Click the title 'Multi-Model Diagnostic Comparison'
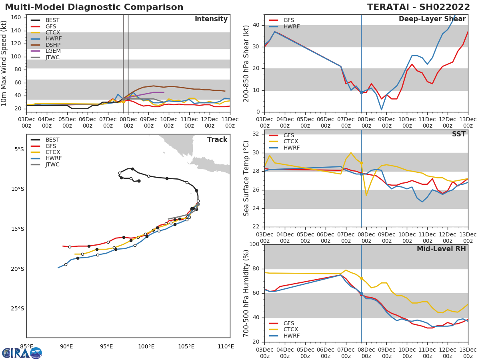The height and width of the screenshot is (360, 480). point(94,7)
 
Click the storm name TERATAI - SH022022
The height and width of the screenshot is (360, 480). point(422,7)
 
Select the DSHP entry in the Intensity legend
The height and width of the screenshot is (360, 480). point(52,45)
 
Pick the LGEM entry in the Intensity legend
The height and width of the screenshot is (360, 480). point(53,51)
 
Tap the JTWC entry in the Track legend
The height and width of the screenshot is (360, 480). point(53,165)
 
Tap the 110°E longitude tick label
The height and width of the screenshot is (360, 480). point(226,346)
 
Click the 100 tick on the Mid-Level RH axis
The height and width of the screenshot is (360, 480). point(254,244)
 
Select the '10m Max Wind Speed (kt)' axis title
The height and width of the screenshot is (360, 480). point(4,63)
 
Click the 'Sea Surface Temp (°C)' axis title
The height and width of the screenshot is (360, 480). point(246,178)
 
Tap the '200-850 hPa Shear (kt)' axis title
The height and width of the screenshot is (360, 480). point(246,63)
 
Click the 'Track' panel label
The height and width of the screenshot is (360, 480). point(217,140)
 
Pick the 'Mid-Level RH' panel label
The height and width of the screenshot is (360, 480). point(441,249)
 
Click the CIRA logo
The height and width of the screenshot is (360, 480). point(22,353)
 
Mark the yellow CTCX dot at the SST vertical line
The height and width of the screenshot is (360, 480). point(361,163)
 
